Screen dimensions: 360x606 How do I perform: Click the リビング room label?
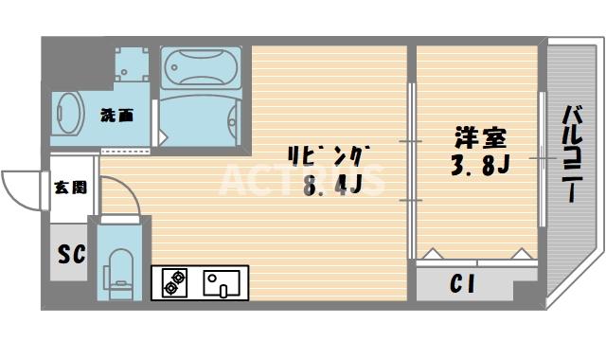tap(328, 155)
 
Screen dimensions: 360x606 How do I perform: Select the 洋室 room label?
tap(471, 138)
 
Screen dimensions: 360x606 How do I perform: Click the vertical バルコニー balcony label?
tap(571, 152)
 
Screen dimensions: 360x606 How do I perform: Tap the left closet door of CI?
tap(432, 255)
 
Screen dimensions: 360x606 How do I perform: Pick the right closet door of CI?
tap(520, 255)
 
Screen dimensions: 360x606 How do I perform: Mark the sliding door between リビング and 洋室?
tap(412, 171)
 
